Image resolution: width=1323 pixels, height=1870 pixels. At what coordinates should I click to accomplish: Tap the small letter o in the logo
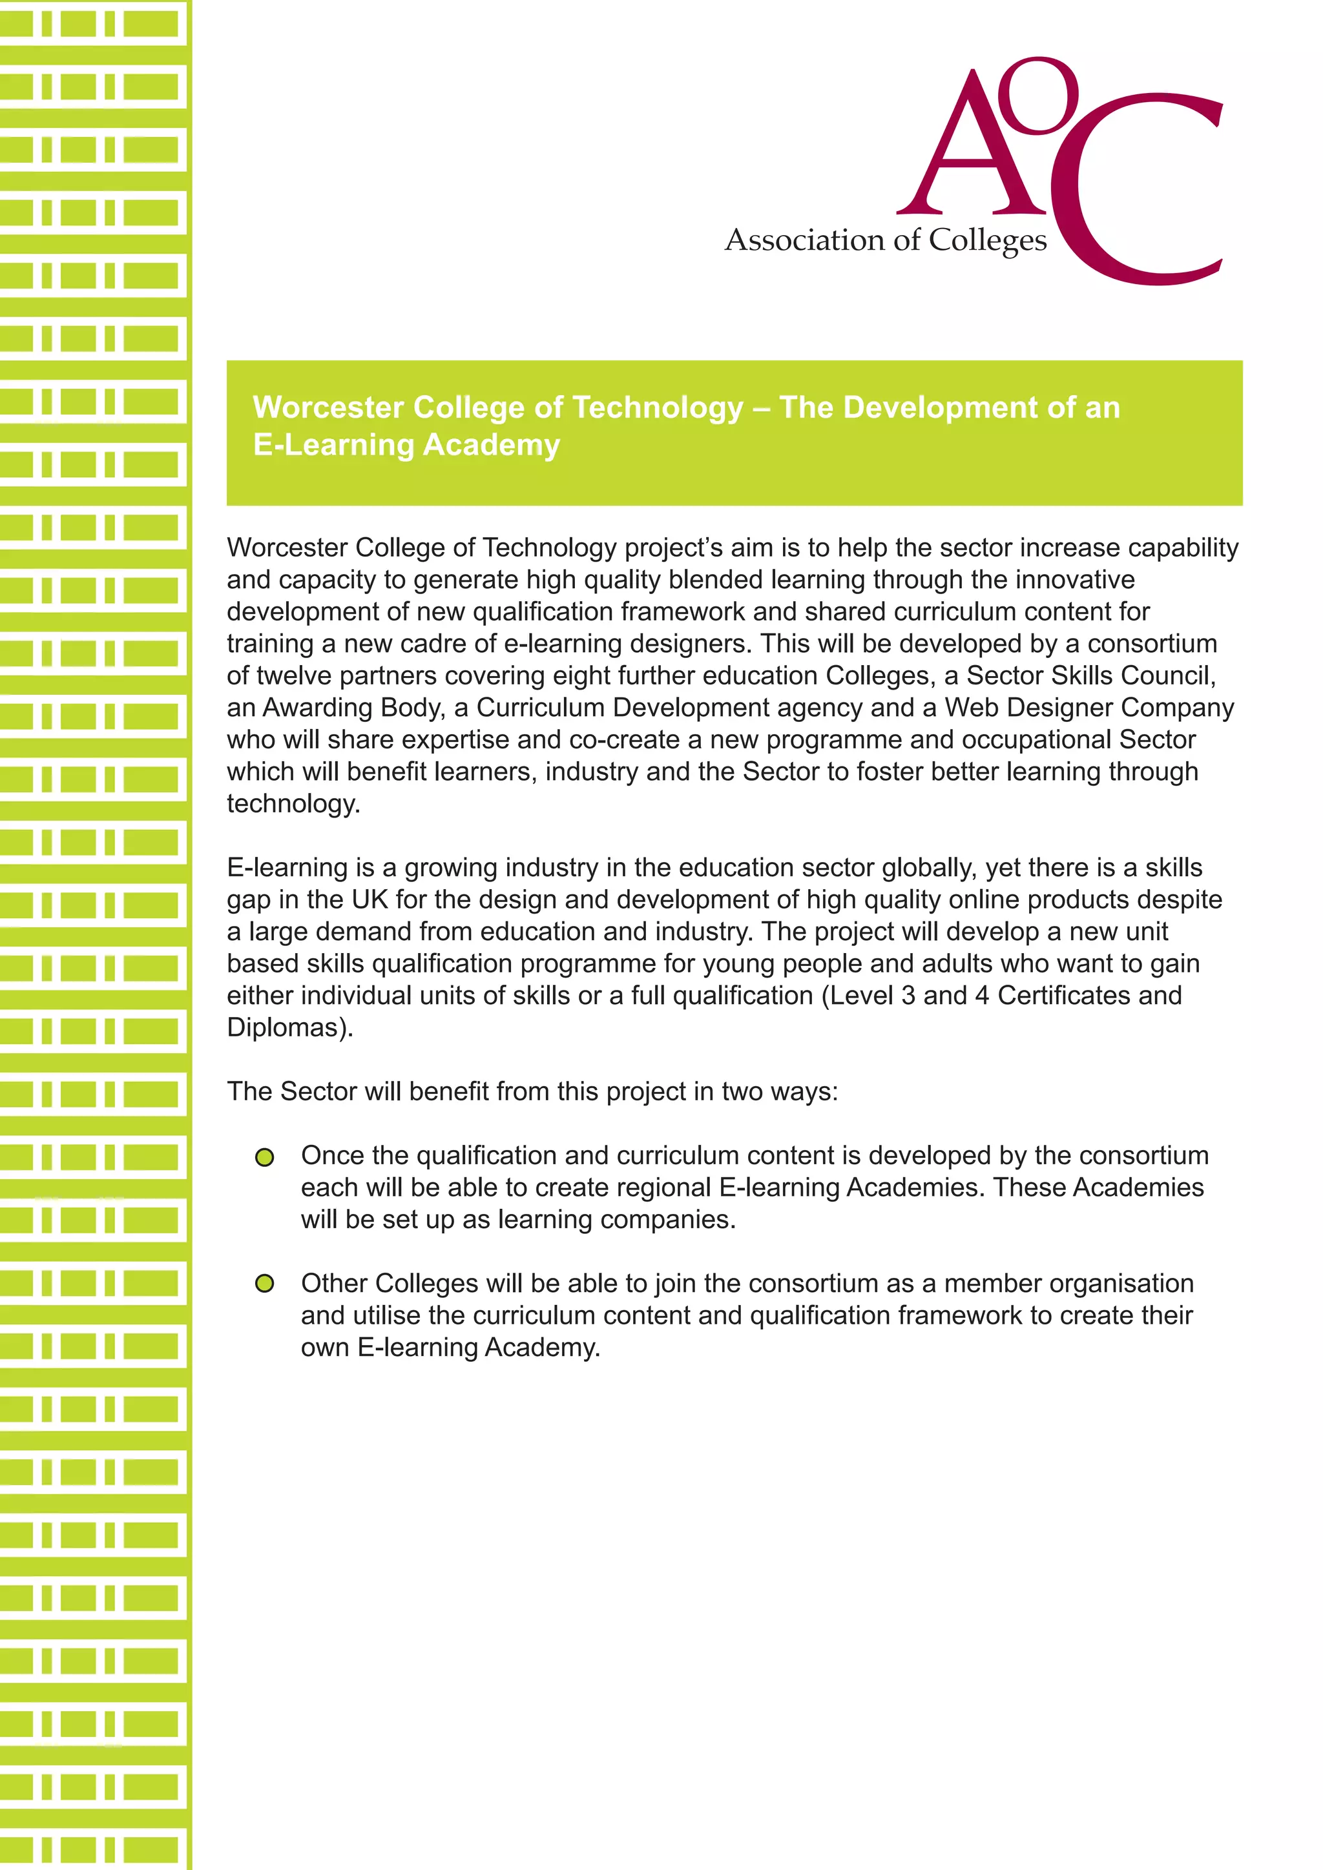pos(1037,96)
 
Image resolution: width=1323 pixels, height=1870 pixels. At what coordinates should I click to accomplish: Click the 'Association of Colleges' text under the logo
pos(886,240)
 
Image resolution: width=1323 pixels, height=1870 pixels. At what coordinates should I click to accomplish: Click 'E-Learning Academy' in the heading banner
pos(406,445)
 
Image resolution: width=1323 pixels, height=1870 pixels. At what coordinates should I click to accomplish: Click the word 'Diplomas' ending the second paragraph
pos(288,1027)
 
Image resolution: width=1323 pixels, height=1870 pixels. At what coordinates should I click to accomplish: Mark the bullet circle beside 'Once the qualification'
pos(265,1157)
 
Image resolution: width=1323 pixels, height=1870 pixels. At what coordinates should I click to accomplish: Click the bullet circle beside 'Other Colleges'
pos(265,1284)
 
